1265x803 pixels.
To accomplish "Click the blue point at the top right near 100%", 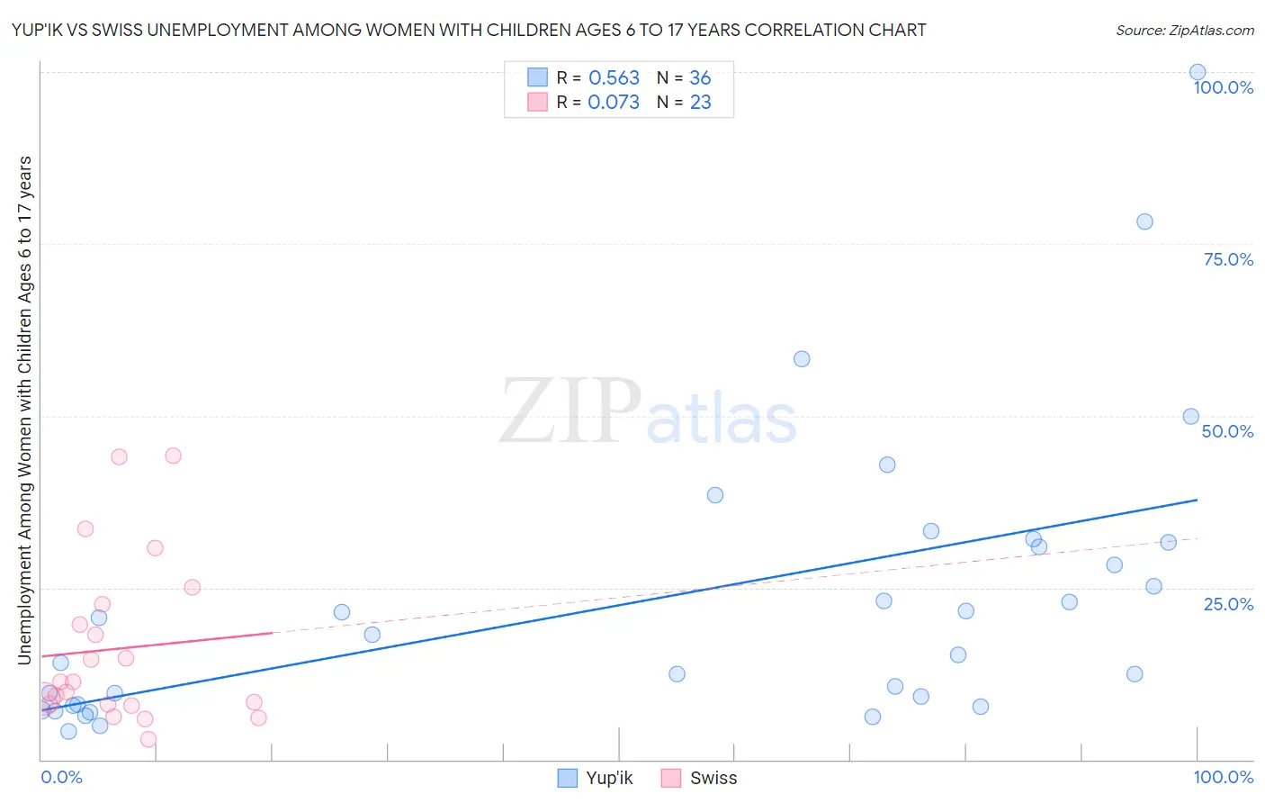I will click(x=1198, y=72).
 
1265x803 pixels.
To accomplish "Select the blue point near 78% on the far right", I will click(x=1144, y=221).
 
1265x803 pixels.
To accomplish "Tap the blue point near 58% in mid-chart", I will click(x=802, y=359).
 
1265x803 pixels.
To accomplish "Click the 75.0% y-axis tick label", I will click(x=1228, y=259).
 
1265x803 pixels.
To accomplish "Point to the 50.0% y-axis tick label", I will click(x=1227, y=431).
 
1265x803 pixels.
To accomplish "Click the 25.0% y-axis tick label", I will click(x=1228, y=604).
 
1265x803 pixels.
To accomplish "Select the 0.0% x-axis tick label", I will click(x=61, y=777).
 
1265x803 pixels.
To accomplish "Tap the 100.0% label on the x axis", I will click(x=1223, y=777).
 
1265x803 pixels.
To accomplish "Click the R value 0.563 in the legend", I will click(x=614, y=78).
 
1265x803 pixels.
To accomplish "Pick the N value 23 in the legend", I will click(x=700, y=103).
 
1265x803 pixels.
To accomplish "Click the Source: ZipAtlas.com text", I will click(x=1184, y=31).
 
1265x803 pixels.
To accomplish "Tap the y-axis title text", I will click(x=24, y=410).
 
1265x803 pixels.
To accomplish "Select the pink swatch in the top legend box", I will click(x=537, y=102).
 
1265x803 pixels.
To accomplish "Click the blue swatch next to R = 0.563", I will click(x=537, y=77).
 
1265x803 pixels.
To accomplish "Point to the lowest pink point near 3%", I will click(x=148, y=739).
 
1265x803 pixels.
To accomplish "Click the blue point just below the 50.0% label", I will click(x=1190, y=417).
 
